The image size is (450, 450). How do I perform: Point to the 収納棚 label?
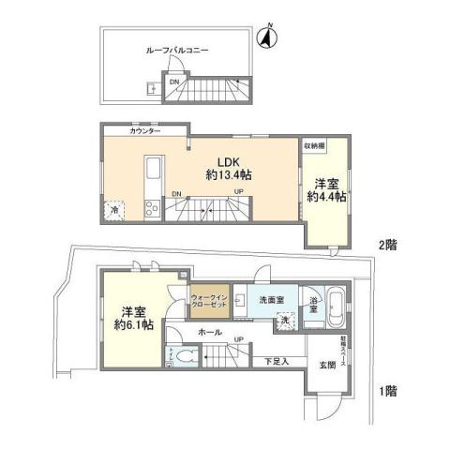pos(315,147)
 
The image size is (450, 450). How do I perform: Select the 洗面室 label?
pos(260,299)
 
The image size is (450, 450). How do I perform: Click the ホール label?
pos(209,333)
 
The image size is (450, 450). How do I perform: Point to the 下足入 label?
pos(276,359)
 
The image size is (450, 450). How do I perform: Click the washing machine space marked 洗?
pos(284,322)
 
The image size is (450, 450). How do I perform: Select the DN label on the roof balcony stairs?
pos(174,82)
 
